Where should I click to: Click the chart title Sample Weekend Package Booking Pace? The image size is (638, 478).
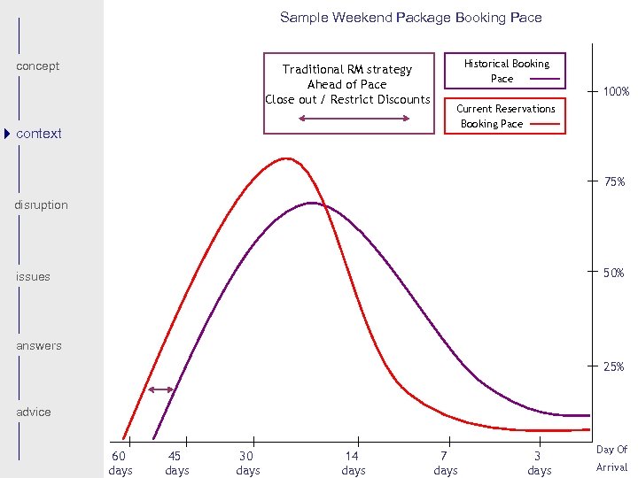pos(410,18)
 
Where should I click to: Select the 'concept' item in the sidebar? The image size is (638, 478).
pos(38,66)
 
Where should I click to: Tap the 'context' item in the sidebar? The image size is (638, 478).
pos(39,134)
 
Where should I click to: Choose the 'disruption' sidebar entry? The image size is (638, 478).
pos(41,205)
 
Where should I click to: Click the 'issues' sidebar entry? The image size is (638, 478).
pos(33,277)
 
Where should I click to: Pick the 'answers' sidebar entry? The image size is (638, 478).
pos(39,346)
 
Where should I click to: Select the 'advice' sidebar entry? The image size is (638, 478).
pos(34,412)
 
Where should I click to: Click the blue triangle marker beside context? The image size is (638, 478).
pos(7,134)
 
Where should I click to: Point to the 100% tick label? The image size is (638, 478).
pos(616,92)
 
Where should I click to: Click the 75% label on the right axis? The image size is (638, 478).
pos(615,182)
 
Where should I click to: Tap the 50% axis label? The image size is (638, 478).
pos(615,274)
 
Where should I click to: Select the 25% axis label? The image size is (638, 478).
pos(614,366)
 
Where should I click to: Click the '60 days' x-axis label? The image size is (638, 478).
pos(121,463)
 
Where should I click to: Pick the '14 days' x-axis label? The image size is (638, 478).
pos(354,463)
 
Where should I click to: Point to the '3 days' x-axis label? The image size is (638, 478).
pos(539,463)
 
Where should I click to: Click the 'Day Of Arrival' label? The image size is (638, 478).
pos(611,459)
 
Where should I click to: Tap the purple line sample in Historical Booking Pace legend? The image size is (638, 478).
pos(544,80)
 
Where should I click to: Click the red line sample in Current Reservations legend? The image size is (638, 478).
pos(544,125)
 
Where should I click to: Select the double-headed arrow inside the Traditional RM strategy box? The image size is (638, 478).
pos(354,118)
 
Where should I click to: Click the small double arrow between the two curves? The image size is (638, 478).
pos(160,389)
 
